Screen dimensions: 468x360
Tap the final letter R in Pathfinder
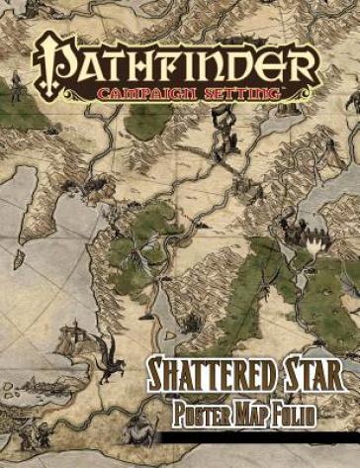pos(308,62)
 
